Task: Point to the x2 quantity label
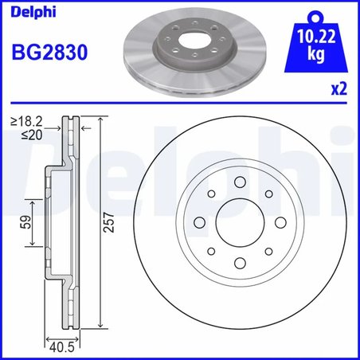tap(338, 90)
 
